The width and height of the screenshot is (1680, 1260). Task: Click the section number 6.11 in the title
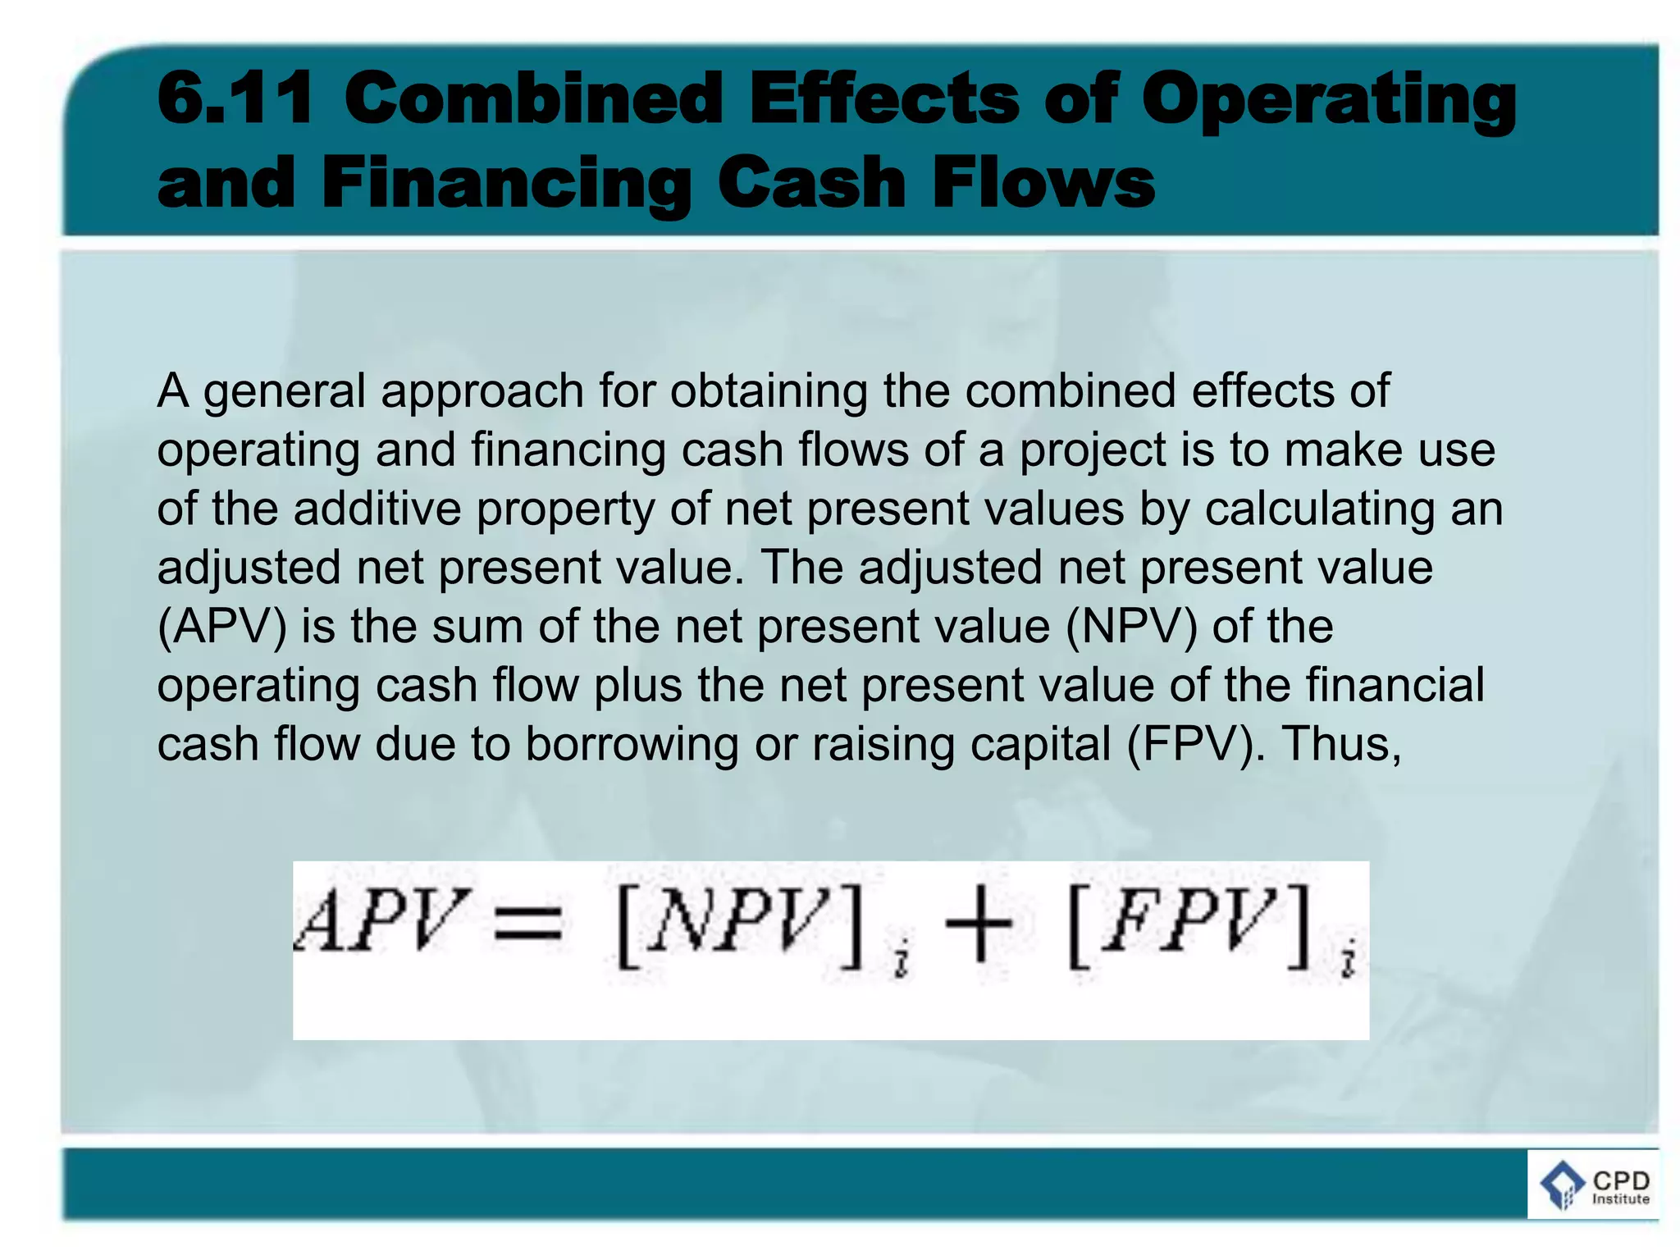point(235,98)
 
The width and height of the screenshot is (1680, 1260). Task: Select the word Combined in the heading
point(533,98)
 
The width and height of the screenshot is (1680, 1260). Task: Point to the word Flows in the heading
point(1043,182)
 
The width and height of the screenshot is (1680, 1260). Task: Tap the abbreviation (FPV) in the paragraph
point(1191,745)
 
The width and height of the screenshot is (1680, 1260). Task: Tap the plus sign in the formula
point(979,925)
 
